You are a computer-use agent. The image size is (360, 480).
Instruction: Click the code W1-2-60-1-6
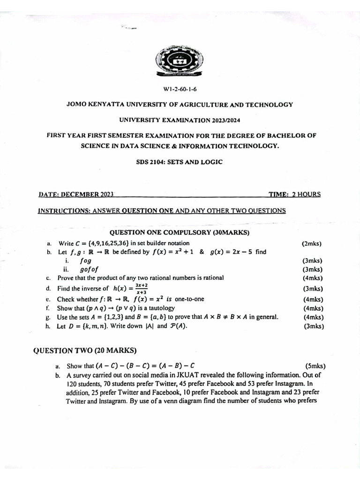[180, 89]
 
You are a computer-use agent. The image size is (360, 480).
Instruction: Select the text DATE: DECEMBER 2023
[76, 194]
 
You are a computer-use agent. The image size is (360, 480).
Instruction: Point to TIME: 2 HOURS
[294, 194]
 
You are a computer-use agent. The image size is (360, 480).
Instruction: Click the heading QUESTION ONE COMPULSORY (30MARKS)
[180, 232]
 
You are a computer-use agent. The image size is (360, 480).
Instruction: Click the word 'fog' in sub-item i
[86, 261]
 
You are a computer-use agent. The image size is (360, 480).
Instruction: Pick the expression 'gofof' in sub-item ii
[89, 270]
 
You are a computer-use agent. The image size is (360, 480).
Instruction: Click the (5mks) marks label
[315, 366]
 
